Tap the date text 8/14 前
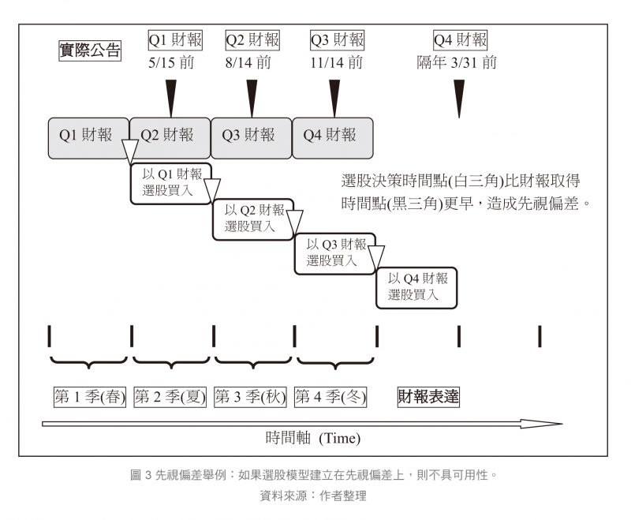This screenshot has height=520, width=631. point(252,62)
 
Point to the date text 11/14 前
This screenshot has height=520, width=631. point(337,62)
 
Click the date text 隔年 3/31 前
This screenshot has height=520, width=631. point(457,62)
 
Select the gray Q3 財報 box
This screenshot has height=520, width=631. point(252,135)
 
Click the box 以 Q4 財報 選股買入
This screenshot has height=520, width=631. point(416,287)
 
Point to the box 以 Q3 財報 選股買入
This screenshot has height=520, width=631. point(334,253)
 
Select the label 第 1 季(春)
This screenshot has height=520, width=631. point(89,396)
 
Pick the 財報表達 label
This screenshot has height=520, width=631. point(428,397)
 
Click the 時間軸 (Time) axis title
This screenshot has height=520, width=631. point(312,438)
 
